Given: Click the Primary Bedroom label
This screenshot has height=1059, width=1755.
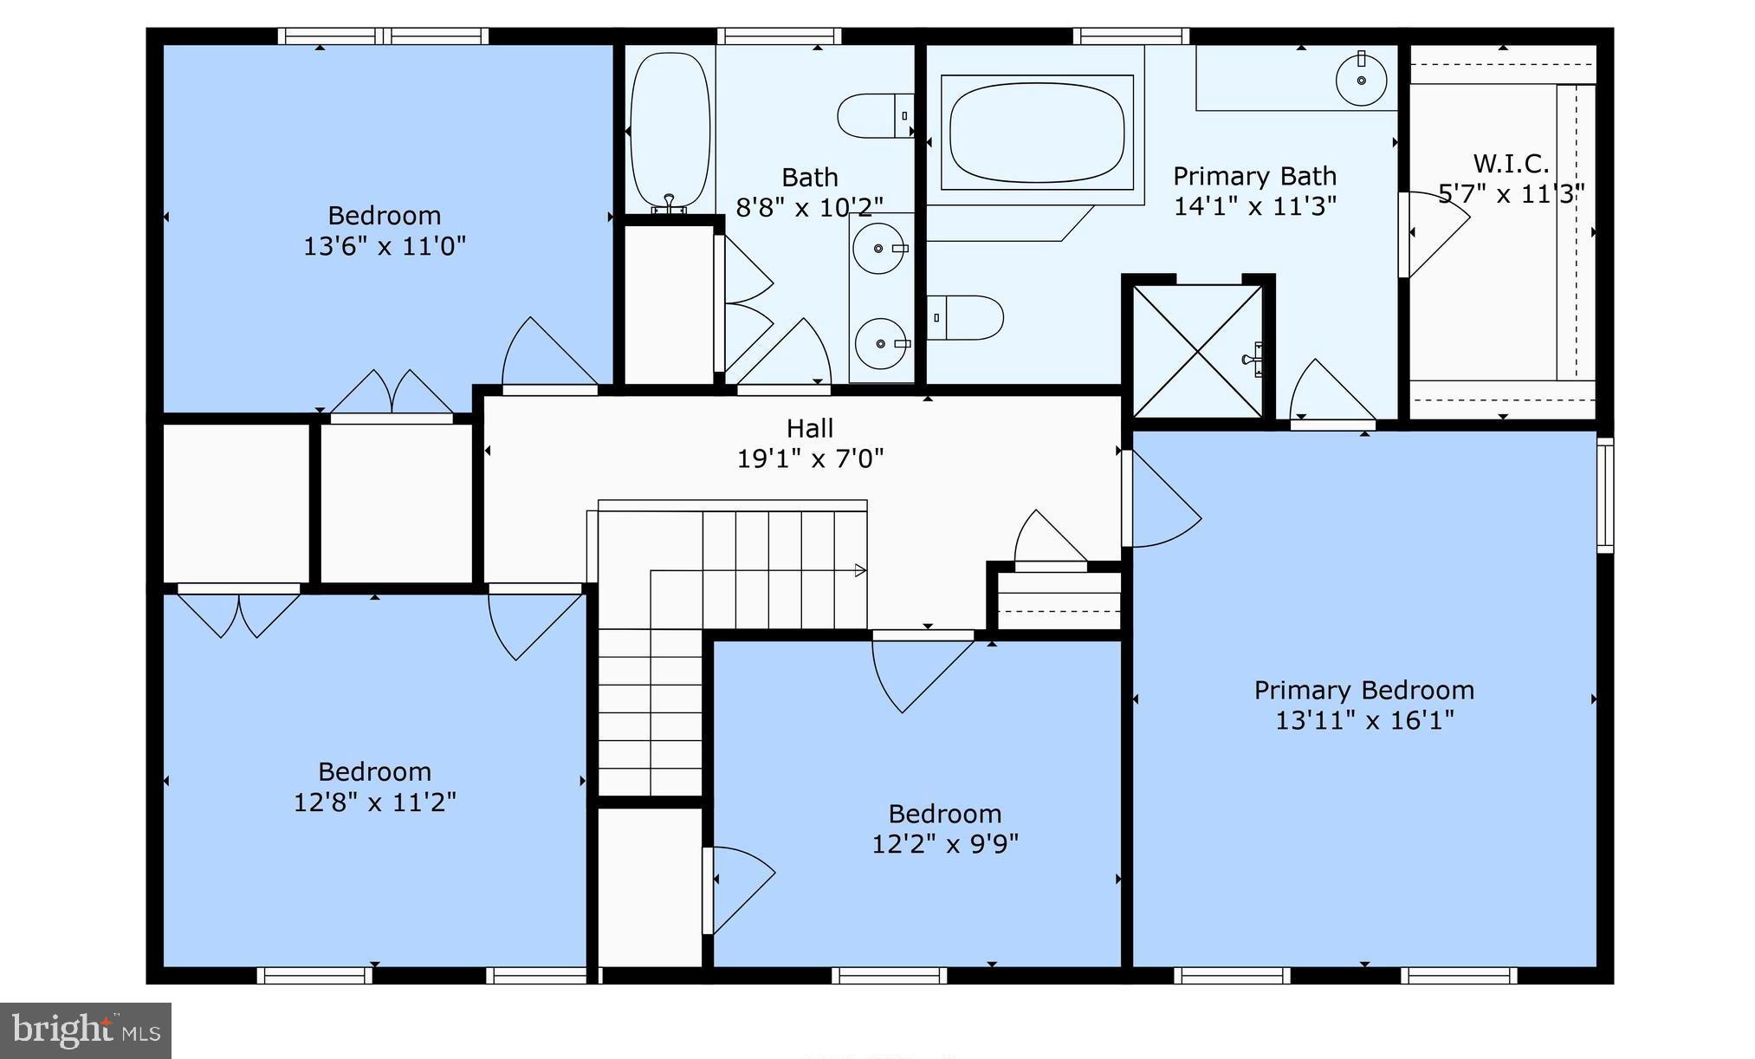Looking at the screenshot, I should [1363, 691].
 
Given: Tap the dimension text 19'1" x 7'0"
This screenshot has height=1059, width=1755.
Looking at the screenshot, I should [810, 458].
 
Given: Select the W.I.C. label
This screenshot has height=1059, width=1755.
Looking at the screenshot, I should [1511, 164].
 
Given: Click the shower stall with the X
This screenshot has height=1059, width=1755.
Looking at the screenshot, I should [1197, 351].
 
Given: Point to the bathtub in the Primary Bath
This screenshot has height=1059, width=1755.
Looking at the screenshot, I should [1037, 133].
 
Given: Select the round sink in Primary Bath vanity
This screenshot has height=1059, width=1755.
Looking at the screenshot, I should [1361, 80].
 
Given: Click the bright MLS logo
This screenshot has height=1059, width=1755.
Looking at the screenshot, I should [86, 1030].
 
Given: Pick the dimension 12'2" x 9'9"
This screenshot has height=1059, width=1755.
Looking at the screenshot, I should [944, 844].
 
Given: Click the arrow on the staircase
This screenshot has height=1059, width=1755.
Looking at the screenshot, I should [860, 570].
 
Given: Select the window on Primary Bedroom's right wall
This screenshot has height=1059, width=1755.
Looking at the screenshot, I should [1604, 495].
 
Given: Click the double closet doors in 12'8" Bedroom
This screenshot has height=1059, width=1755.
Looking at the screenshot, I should [238, 613].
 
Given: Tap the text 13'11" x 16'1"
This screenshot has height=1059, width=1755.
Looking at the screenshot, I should [1363, 721].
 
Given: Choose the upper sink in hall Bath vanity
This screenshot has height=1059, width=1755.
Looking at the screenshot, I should [878, 248].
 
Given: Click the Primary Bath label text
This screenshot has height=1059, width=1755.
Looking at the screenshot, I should [1253, 177].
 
